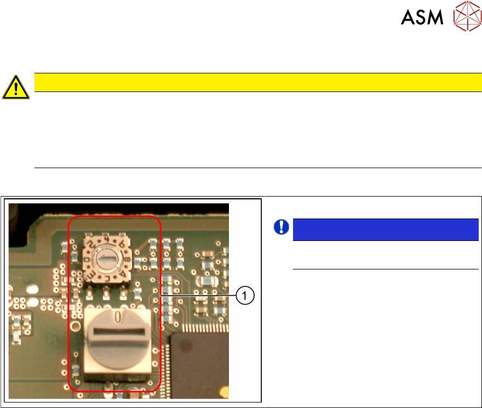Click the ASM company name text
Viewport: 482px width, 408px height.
pyautogui.click(x=421, y=18)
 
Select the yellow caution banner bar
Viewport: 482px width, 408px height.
pyautogui.click(x=257, y=82)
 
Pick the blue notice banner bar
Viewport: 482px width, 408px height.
pyautogui.click(x=386, y=229)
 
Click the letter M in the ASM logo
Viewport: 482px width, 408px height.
pyautogui.click(x=435, y=18)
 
